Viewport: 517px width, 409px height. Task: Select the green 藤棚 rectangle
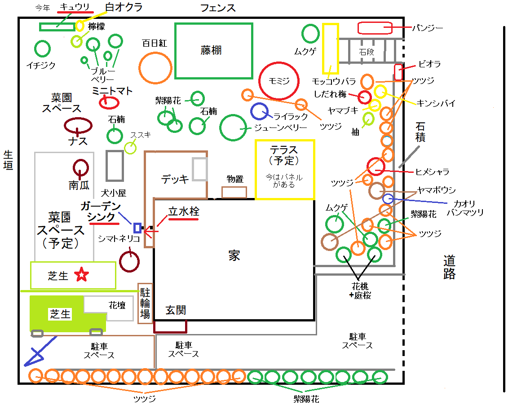[x=213, y=50]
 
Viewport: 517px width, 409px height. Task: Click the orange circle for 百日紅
[x=155, y=68]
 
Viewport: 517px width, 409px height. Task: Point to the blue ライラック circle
[x=260, y=112]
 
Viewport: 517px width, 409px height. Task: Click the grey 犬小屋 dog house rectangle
[x=115, y=165]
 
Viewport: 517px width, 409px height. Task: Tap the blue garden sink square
[x=137, y=228]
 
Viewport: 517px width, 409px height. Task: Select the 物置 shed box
[x=234, y=192]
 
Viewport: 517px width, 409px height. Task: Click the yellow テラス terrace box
[x=284, y=169]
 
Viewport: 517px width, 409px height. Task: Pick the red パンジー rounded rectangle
[x=375, y=28]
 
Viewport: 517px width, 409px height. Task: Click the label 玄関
[x=176, y=310]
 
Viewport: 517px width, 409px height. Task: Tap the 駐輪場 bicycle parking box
[x=145, y=303]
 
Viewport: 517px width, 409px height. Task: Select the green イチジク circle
[x=42, y=48]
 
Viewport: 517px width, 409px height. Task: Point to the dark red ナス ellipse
[x=78, y=125]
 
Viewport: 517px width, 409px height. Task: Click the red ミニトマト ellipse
[x=109, y=103]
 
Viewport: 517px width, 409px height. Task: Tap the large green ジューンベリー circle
[x=233, y=128]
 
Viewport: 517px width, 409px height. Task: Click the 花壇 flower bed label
[x=117, y=305]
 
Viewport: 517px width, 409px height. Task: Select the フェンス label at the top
[x=218, y=8]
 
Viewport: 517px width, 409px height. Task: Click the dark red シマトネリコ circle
[x=129, y=261]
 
